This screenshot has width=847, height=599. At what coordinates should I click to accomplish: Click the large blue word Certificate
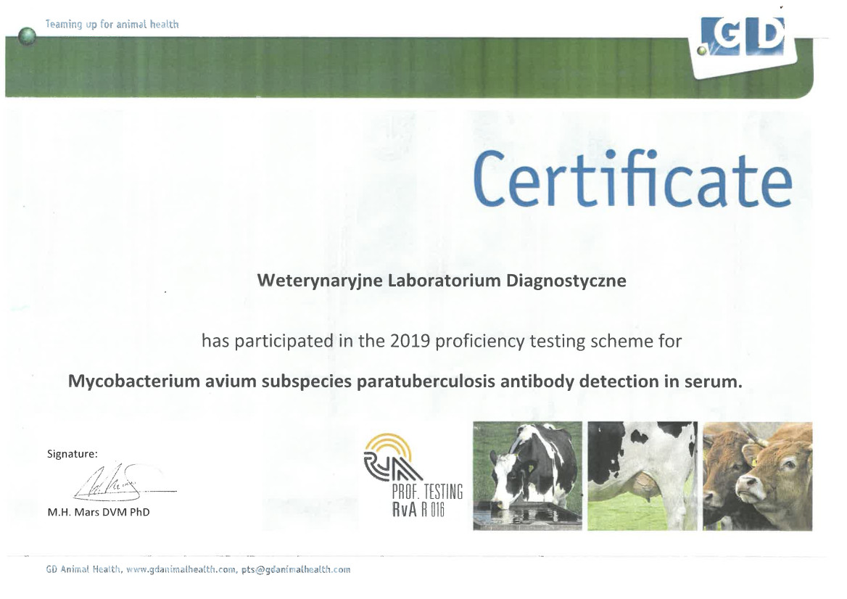click(632, 179)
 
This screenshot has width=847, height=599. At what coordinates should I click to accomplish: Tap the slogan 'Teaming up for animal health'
click(112, 25)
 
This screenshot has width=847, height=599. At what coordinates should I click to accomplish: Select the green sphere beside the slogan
click(27, 37)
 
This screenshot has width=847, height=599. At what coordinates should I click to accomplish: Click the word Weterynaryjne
click(321, 281)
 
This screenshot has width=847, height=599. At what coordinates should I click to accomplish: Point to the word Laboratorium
click(445, 281)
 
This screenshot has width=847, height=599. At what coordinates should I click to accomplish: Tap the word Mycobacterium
click(134, 381)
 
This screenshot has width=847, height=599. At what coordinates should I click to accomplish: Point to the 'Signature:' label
click(73, 454)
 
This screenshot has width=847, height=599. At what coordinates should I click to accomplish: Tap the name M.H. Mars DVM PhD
click(99, 512)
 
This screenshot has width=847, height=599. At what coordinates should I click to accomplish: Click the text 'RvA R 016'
click(418, 509)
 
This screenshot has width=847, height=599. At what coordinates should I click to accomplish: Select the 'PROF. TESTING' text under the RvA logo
click(427, 492)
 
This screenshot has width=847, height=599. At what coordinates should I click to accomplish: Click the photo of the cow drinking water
click(527, 476)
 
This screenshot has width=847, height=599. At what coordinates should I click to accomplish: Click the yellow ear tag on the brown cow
click(753, 455)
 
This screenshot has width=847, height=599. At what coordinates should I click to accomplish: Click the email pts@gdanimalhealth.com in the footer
click(296, 569)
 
